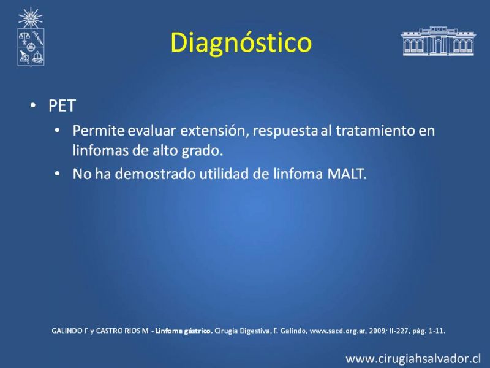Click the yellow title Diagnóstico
pos(241,43)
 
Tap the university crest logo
pos(31,37)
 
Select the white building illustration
pos(438,41)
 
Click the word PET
pos(62,105)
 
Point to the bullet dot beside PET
pos(33,105)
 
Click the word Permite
pos(99,130)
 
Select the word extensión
pos(214,131)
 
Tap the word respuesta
pos(285,131)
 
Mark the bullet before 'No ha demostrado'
pos(57,174)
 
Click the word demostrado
pos(156,174)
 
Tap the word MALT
pos(347,174)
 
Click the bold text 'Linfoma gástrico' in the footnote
pos(184,331)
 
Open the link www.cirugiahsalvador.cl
pos(413,359)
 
